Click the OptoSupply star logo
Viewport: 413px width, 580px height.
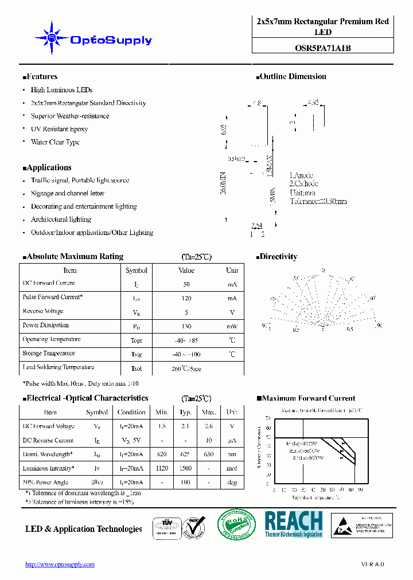click(52, 38)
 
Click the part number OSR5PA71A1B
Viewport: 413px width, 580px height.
click(322, 48)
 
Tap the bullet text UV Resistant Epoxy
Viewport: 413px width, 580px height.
click(59, 130)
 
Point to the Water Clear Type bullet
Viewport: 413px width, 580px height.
click(55, 142)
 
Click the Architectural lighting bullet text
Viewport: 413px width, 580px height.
click(61, 220)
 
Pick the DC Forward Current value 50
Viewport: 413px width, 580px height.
click(186, 284)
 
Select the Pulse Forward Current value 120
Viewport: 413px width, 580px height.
click(186, 298)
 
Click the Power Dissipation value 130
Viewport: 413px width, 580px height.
click(186, 326)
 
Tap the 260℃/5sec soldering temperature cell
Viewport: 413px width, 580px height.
click(186, 369)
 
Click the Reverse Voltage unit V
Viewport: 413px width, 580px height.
click(232, 312)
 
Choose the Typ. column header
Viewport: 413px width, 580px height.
click(185, 412)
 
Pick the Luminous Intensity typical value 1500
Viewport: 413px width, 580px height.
click(185, 469)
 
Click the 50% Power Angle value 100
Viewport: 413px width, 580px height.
click(185, 483)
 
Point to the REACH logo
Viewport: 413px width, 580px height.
click(293, 524)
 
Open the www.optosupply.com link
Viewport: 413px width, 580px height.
click(60, 565)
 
